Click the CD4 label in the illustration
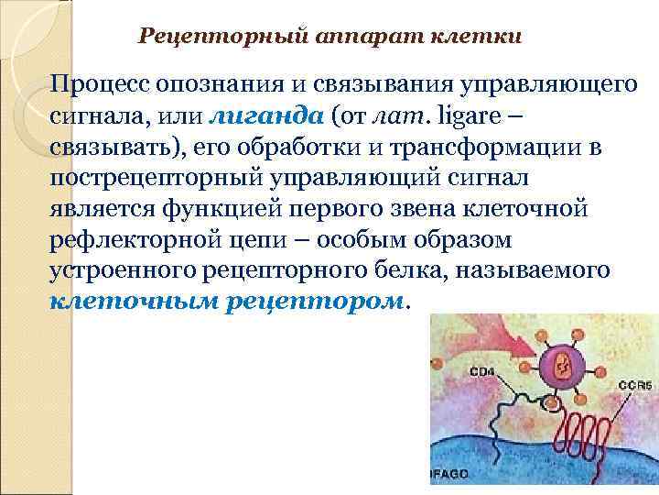(x=483, y=373)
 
